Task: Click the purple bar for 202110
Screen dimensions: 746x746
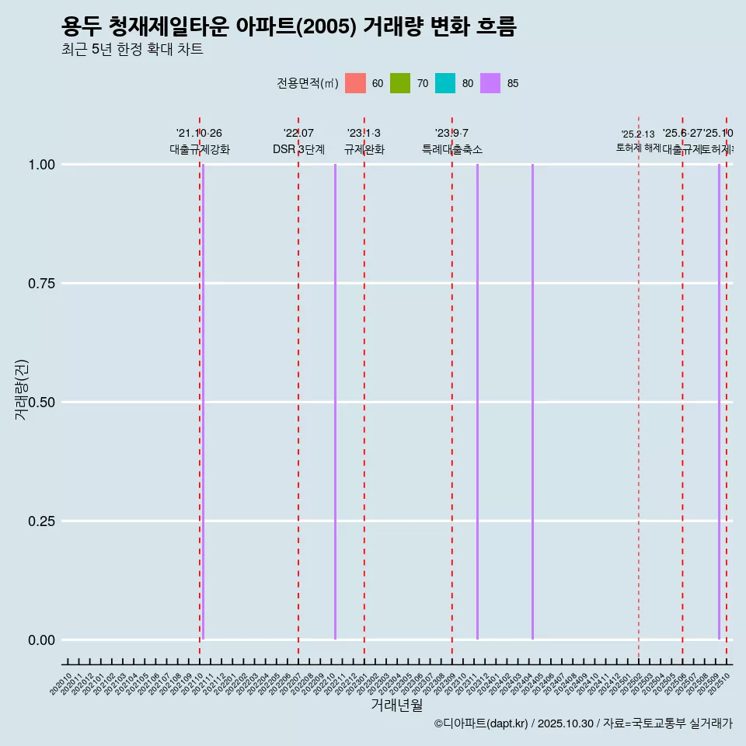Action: coord(203,402)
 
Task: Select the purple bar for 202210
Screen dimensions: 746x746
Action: coord(335,402)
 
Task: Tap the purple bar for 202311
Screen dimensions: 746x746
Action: coord(477,402)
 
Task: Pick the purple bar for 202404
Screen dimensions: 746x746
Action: coord(532,402)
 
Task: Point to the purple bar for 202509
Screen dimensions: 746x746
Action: coord(719,402)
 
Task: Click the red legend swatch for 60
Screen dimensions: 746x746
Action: coord(355,83)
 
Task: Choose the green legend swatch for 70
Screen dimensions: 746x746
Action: coord(400,83)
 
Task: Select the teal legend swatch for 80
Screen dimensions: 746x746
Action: coord(445,83)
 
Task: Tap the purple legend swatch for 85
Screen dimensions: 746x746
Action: coord(490,83)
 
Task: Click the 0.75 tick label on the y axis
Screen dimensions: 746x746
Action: coord(40,283)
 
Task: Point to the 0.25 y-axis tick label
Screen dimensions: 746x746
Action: coord(40,521)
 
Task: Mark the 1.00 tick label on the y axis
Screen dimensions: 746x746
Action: coord(40,164)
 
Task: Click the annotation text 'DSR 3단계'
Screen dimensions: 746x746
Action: coord(298,149)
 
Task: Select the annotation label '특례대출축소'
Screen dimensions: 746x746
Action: coord(452,149)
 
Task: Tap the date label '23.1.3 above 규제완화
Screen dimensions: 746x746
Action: coord(364,134)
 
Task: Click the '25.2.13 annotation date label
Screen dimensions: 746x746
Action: coord(638,134)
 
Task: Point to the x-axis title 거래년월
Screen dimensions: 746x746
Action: coord(397,705)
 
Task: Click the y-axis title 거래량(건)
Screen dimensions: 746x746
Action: coord(22,389)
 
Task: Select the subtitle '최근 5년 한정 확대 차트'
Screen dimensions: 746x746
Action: coord(132,50)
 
